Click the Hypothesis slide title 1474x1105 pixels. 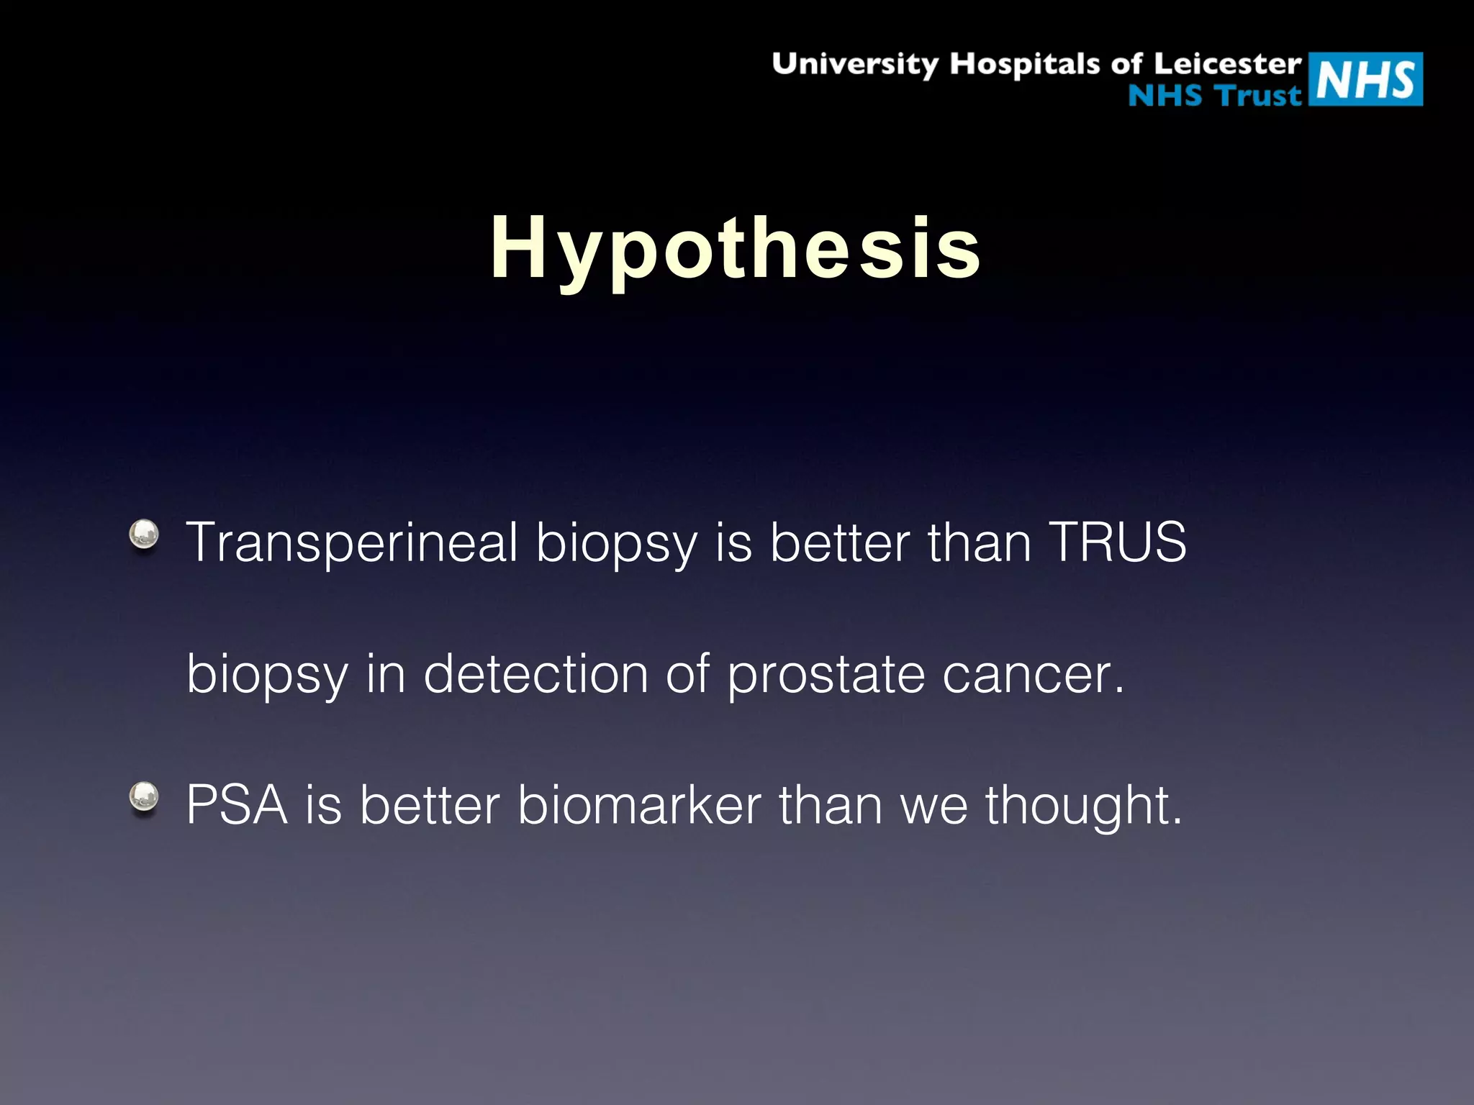point(736,248)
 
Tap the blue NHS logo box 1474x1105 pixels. point(1365,79)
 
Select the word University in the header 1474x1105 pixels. point(854,64)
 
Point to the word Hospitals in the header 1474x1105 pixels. point(1025,64)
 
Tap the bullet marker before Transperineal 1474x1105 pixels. point(144,535)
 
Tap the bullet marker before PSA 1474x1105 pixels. point(144,797)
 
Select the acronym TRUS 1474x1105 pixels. point(1117,542)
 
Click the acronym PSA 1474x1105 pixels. point(237,805)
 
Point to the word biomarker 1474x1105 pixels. point(639,805)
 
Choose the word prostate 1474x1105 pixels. point(826,675)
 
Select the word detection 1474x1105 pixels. point(535,675)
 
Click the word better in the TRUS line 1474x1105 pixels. point(840,542)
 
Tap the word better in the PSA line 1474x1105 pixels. point(430,805)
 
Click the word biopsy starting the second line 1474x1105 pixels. point(267,675)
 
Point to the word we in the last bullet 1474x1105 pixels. point(933,805)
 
